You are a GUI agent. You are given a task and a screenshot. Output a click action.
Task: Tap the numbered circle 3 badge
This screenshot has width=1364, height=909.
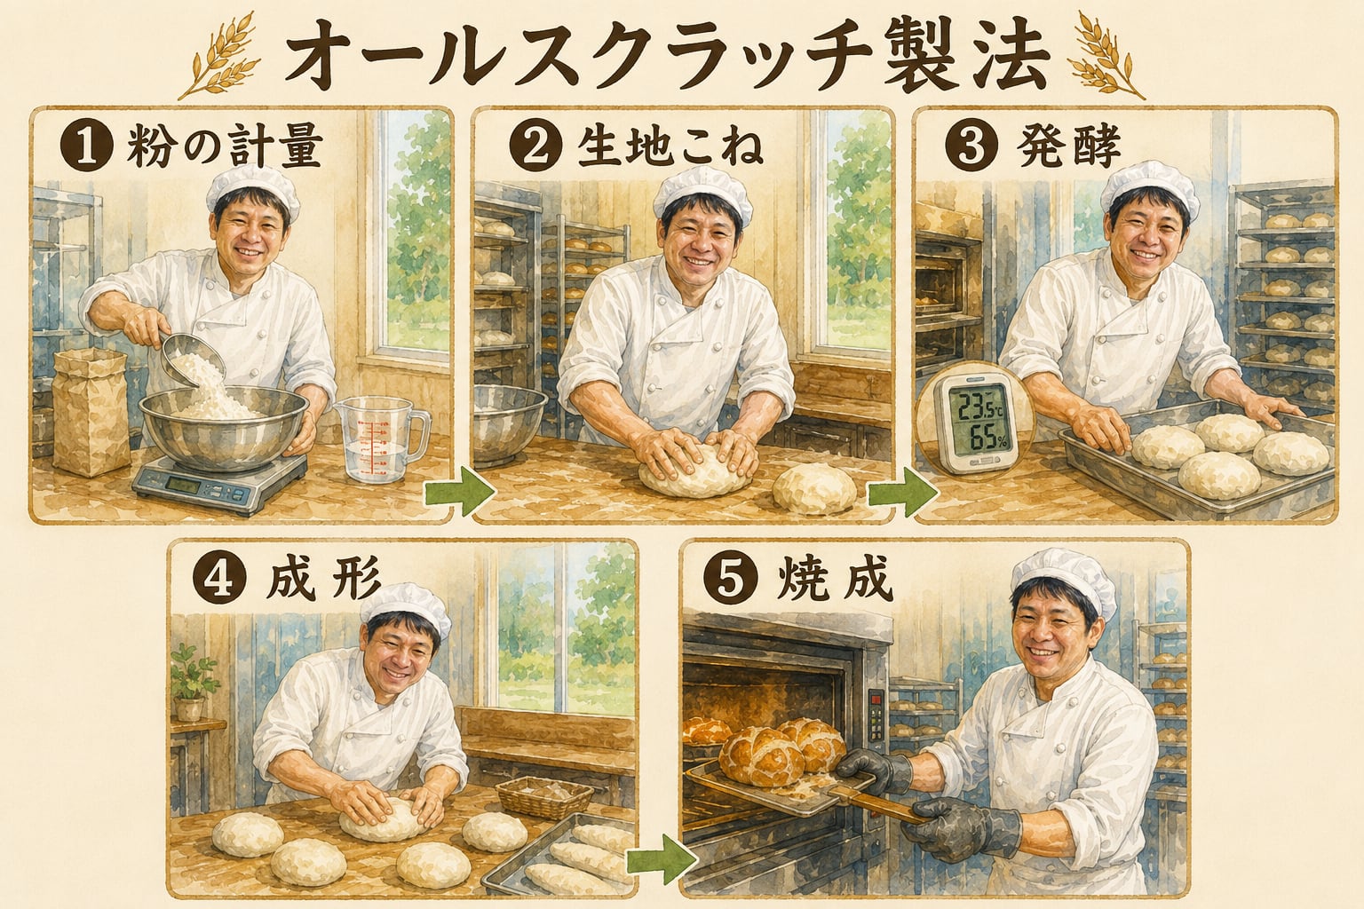[971, 146]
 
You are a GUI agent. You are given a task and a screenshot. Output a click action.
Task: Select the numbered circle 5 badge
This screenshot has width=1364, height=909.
[729, 581]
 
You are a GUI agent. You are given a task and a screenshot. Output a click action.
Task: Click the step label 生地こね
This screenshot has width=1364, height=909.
[670, 148]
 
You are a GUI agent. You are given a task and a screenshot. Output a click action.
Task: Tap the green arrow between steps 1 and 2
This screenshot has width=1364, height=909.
[460, 495]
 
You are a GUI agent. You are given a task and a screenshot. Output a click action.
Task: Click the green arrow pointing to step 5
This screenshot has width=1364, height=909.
[662, 859]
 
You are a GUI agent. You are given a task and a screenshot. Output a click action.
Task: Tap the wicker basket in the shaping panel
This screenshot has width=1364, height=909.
[543, 796]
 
